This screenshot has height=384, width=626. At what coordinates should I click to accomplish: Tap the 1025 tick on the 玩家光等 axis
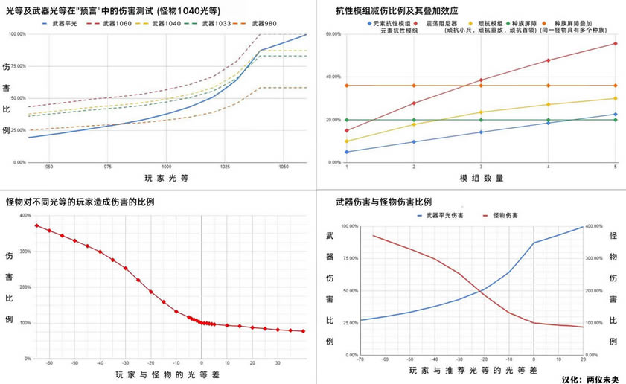coord(224,167)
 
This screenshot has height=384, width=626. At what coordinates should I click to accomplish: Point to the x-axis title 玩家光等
coord(167,179)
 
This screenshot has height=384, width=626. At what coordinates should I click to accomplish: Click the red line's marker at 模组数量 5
coord(616,43)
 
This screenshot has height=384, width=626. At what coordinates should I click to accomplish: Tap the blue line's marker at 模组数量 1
coord(347,152)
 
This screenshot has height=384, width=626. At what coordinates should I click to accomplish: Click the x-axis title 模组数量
coord(480,179)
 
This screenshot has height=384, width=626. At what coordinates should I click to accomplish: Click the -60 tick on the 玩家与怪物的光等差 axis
coord(49,362)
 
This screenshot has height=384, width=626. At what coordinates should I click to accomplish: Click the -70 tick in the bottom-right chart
coord(360,359)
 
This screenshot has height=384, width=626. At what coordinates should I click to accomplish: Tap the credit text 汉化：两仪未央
coord(593,378)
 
